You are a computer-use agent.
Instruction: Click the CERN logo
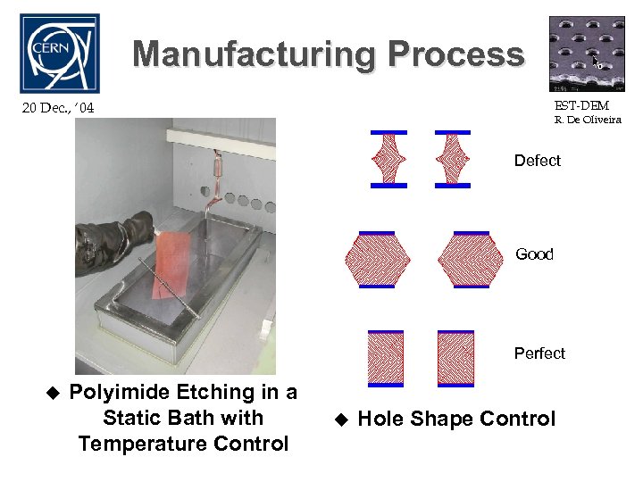click(x=59, y=53)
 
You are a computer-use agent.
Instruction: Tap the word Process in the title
click(x=456, y=55)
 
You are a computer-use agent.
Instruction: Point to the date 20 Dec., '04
click(x=57, y=109)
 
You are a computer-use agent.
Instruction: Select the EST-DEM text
click(x=582, y=106)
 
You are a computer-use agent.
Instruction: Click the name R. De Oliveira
click(x=587, y=120)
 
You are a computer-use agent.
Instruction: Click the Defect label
click(x=537, y=161)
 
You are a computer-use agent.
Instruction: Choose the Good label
click(x=534, y=254)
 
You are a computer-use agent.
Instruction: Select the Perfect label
click(x=539, y=353)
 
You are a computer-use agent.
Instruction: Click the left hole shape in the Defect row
click(x=388, y=159)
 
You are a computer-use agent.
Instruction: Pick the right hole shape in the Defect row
click(x=453, y=159)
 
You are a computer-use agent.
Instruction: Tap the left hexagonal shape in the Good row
click(x=377, y=260)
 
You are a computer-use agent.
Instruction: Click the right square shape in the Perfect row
click(x=455, y=358)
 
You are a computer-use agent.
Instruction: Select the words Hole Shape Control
click(x=455, y=419)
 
